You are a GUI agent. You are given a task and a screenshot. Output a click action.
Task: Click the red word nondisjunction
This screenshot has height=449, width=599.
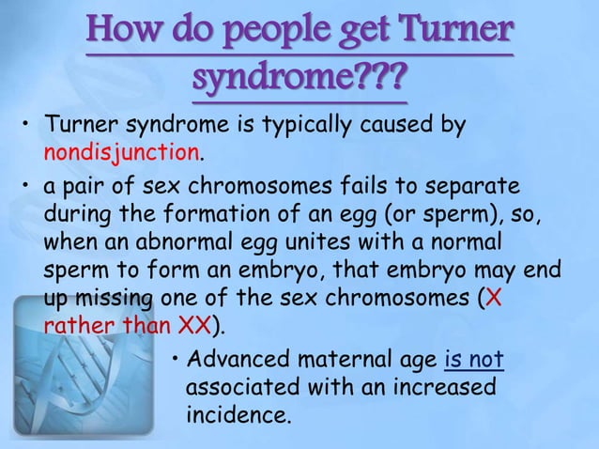(x=122, y=151)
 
